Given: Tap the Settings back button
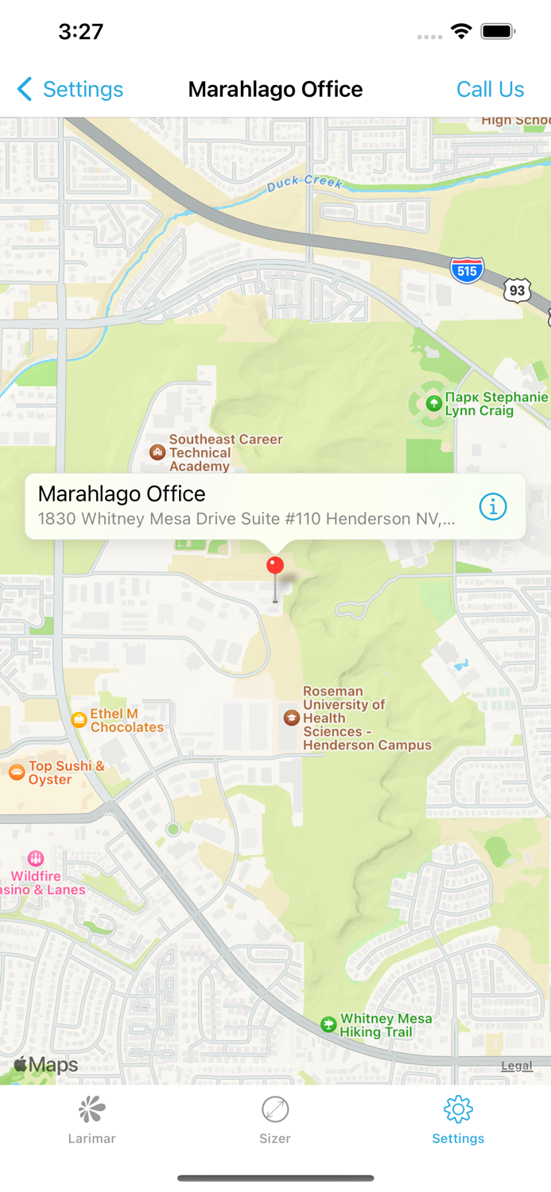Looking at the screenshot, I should [70, 89].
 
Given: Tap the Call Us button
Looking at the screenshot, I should [490, 89].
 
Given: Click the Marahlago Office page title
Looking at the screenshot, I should [275, 89].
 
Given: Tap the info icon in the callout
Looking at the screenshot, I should [493, 506].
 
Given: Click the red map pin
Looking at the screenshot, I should [275, 566].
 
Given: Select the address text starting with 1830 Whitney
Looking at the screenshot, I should [246, 519].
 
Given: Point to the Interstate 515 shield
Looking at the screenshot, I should [467, 270].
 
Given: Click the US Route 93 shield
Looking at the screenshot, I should [517, 290].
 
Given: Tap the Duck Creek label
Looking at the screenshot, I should [304, 183].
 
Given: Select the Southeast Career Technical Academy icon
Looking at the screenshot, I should [157, 452].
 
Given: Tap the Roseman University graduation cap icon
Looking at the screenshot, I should [292, 718].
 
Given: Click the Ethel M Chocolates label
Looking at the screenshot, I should [126, 720].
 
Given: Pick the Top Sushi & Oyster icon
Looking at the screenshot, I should [17, 772].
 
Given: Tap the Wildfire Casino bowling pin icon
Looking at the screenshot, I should [36, 858].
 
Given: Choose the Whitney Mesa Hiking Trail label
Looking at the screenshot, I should [386, 1025].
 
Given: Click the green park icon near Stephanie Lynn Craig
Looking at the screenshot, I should [433, 404].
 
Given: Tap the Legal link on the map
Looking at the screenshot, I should [516, 1066].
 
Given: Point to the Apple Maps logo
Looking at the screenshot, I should [46, 1065].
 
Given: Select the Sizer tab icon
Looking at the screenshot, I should [275, 1109].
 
